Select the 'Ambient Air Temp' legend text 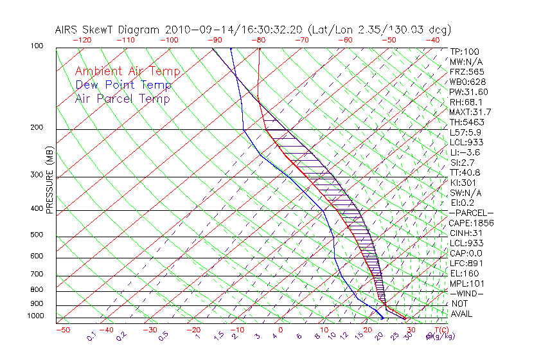127,71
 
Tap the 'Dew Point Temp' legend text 123,85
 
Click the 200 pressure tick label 37,127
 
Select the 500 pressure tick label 37,235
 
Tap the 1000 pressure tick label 35,316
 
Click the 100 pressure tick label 37,46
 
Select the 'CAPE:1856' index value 470,223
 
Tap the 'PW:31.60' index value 468,92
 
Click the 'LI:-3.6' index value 465,152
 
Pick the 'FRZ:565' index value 466,71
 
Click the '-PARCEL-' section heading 471,213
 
